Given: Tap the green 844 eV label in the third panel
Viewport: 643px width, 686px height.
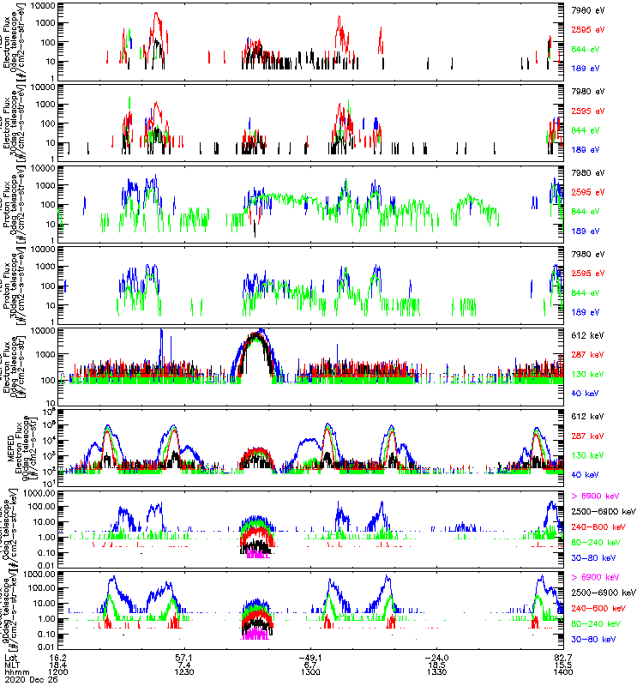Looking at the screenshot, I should [584, 211].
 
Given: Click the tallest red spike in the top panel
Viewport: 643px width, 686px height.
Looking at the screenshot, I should [155, 15].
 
